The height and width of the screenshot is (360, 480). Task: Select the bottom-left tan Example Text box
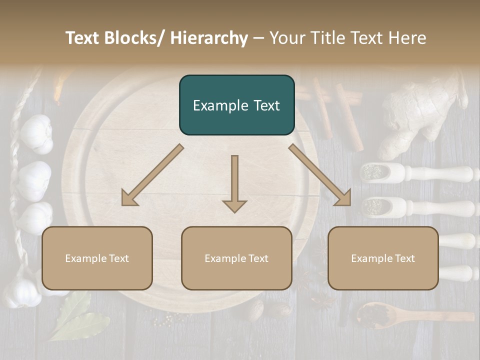(97, 258)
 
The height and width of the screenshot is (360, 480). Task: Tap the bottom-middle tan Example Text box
(236, 258)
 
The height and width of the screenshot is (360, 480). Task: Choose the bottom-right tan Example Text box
(383, 258)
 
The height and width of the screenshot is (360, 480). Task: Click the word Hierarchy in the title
(208, 38)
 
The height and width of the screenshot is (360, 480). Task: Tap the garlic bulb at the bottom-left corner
(22, 292)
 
